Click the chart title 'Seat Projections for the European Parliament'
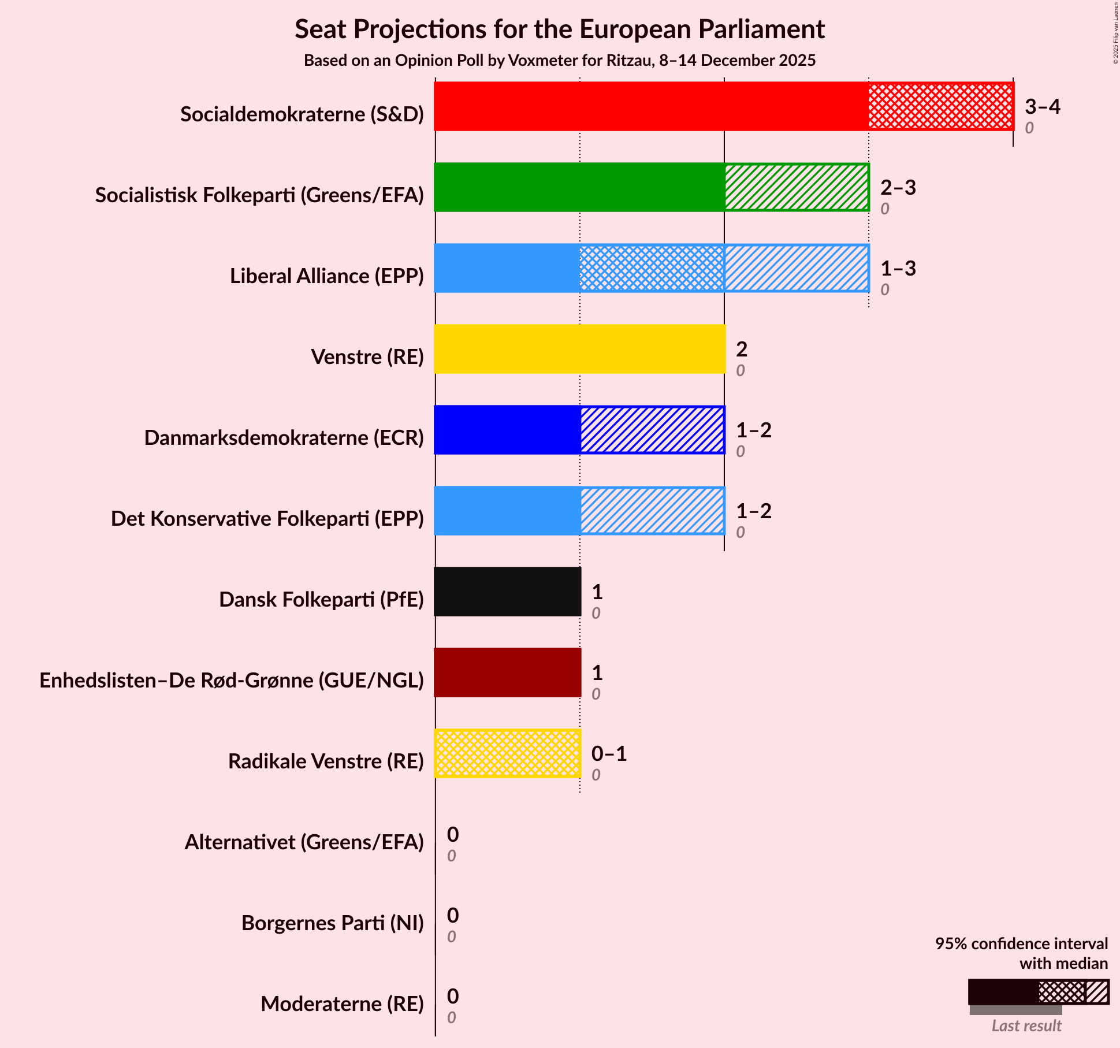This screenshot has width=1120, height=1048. coord(559,29)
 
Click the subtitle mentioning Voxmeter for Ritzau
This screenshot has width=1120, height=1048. coord(559,61)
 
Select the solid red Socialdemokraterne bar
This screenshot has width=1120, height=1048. coord(651,106)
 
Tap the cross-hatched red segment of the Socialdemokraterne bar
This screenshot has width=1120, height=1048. coord(941,106)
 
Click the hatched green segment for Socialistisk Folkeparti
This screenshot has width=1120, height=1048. coord(797,187)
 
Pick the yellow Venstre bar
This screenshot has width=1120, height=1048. coord(579,349)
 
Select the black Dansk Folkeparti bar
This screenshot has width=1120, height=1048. coord(507,592)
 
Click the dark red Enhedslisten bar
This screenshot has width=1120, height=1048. coord(507,672)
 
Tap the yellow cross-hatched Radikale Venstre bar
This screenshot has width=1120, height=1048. coord(507,753)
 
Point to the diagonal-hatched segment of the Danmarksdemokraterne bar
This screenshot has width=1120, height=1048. coord(652,430)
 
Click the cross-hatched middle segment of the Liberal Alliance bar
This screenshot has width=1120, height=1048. coord(652,268)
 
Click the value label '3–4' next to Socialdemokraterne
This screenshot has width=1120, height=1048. coord(1043,106)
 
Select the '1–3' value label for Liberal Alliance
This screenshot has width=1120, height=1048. coord(898,268)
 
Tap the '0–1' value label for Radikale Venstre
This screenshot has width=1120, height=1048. coord(609,753)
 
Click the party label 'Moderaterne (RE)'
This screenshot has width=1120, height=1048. coord(342,1004)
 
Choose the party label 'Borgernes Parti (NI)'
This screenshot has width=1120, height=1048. coord(332,923)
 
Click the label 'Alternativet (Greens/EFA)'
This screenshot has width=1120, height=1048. coord(304,842)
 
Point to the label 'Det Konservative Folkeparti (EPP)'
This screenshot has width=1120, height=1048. coord(267,519)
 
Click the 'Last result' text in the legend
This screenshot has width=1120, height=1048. coord(1026,1025)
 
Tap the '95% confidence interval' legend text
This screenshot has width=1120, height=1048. coord(1021,944)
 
